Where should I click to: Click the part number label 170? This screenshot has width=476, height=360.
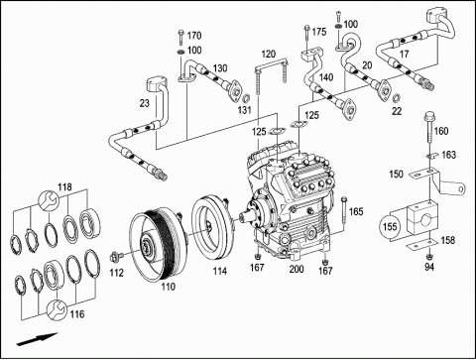coord(194,35)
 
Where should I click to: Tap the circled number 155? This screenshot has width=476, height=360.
coord(390,227)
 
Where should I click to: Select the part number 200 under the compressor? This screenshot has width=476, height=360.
coord(297,269)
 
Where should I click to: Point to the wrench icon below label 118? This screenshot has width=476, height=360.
coord(49,200)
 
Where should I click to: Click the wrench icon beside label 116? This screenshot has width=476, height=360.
coord(57,309)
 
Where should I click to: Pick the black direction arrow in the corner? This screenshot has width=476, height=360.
coord(38,339)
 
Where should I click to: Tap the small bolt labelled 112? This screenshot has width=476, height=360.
coord(116,257)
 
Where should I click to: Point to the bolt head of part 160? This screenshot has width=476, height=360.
coord(428,116)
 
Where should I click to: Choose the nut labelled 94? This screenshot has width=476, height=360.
coord(429,257)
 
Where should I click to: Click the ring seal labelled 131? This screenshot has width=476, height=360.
coord(246,98)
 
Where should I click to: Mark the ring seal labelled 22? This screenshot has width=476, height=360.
coord(396,98)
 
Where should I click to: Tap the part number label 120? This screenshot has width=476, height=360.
coord(269,54)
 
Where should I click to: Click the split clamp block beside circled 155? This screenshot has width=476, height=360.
coord(421,219)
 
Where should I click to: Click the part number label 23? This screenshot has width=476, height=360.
coord(145,103)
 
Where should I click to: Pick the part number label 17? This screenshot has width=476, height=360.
coord(405,55)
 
